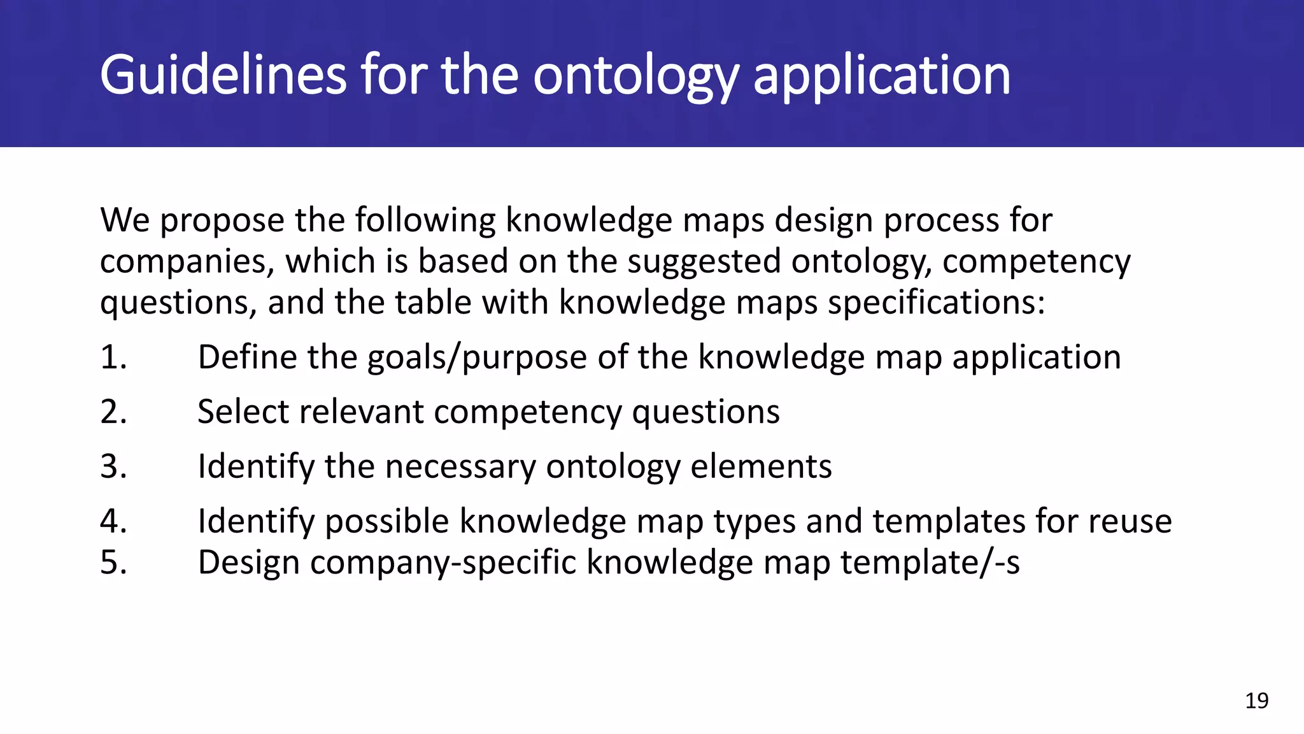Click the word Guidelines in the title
[x=223, y=75]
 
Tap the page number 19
[x=1256, y=701]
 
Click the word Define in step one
[x=247, y=357]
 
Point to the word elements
[x=761, y=466]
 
